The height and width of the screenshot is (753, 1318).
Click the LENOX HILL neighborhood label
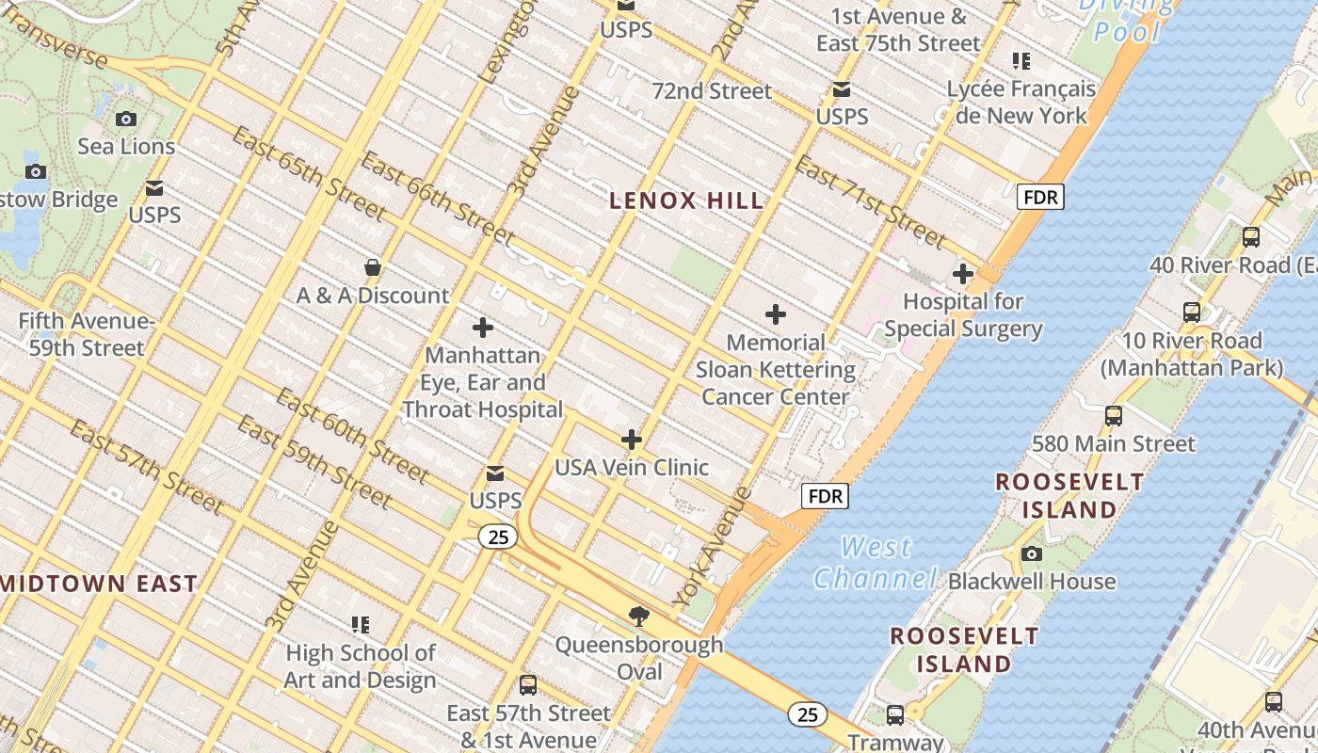(x=686, y=200)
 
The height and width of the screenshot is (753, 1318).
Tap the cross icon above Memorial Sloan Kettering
(x=776, y=314)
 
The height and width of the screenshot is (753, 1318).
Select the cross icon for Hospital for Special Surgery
(x=962, y=275)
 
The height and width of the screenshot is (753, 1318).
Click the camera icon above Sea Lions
(x=126, y=119)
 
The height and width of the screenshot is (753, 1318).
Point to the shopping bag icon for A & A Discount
(x=373, y=267)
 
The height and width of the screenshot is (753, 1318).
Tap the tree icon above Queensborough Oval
(x=639, y=617)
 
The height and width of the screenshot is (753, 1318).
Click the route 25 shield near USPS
(x=498, y=537)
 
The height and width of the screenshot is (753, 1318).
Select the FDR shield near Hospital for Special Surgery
(x=1040, y=197)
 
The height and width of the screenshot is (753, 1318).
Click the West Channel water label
(x=876, y=562)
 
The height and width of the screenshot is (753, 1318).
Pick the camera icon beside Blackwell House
(x=1032, y=553)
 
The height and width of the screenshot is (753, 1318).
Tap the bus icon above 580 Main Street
(x=1114, y=415)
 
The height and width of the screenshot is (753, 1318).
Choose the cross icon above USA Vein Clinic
(x=632, y=440)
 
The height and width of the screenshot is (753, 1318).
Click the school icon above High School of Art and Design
(x=361, y=624)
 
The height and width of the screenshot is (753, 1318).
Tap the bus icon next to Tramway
(x=894, y=714)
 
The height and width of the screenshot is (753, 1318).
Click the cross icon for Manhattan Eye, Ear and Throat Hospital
(x=483, y=328)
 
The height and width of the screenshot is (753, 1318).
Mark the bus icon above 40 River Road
(x=1251, y=237)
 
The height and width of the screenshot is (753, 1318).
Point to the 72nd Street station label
(x=712, y=91)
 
